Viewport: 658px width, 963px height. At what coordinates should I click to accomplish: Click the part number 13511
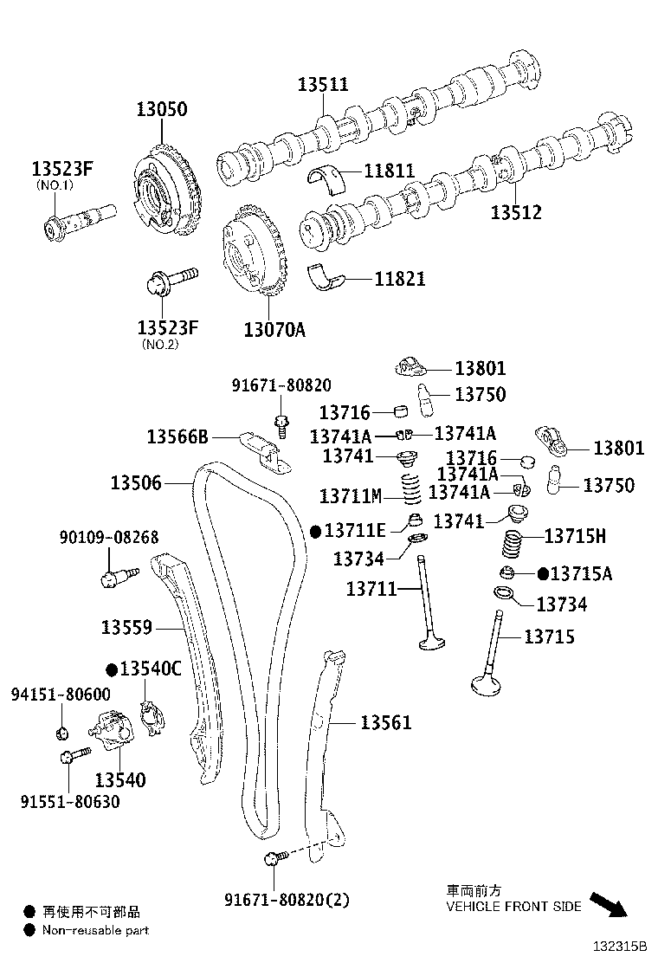click(x=323, y=84)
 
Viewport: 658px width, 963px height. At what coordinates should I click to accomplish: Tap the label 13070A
click(x=274, y=329)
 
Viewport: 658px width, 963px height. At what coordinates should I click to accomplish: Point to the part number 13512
click(x=516, y=212)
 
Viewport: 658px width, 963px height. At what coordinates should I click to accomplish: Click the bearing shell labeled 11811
click(x=327, y=177)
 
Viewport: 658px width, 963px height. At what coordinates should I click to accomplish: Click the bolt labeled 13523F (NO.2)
click(x=171, y=280)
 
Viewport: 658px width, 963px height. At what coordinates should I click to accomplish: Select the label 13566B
click(x=177, y=436)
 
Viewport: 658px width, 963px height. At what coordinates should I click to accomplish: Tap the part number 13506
click(x=136, y=482)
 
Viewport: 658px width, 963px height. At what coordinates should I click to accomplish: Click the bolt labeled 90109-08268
click(x=113, y=576)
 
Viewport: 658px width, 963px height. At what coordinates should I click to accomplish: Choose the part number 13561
click(x=386, y=722)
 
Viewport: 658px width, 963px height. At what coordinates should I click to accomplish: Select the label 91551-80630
click(x=70, y=801)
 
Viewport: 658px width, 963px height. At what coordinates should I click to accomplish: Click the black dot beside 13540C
click(x=112, y=669)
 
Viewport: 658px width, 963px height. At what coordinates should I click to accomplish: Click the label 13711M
click(x=350, y=496)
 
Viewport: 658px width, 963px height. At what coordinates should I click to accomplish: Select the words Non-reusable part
click(x=95, y=930)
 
